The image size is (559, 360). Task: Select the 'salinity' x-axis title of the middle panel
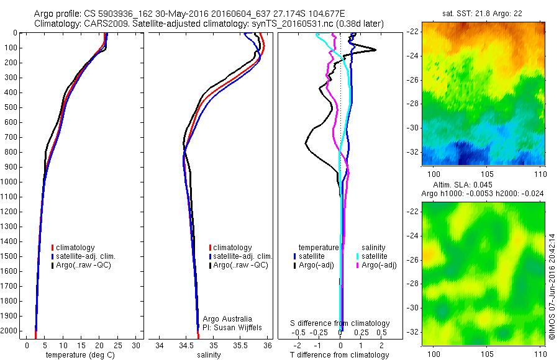click(x=209, y=355)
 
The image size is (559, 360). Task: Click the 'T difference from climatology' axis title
click(x=339, y=355)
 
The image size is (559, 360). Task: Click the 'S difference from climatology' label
click(x=340, y=323)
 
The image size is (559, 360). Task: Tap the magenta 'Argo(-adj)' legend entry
click(x=379, y=265)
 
